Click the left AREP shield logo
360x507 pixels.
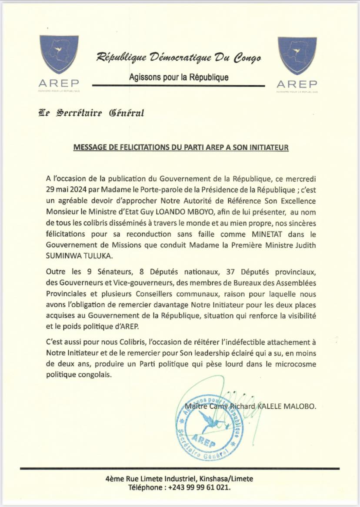coord(59,54)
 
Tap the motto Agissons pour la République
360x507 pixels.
coord(179,77)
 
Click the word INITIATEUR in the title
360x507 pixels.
coord(270,148)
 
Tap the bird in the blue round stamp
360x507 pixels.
coord(210,420)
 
